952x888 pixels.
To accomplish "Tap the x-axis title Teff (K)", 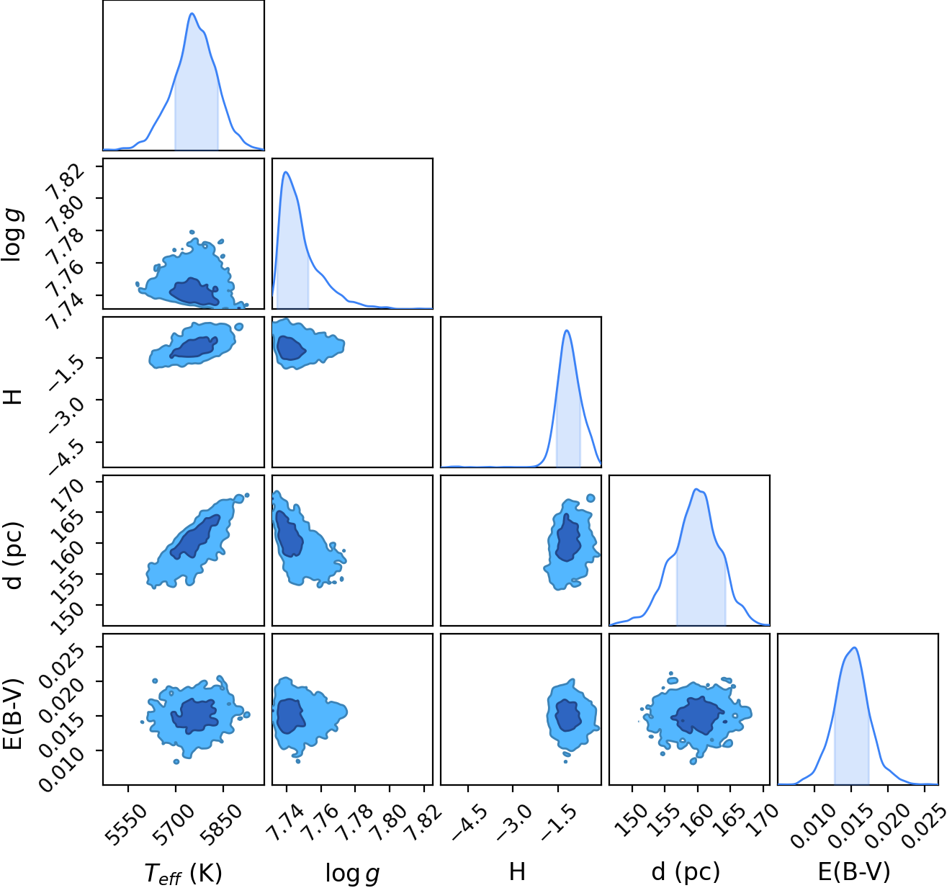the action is click(x=183, y=873).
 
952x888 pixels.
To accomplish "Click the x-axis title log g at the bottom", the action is click(x=352, y=873).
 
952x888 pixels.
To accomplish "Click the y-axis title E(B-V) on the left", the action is click(x=13, y=714).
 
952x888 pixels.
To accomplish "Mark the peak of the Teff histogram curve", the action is click(x=192, y=13).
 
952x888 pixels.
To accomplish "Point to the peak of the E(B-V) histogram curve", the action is click(x=855, y=647).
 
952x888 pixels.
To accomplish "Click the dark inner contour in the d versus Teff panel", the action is click(x=196, y=537).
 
